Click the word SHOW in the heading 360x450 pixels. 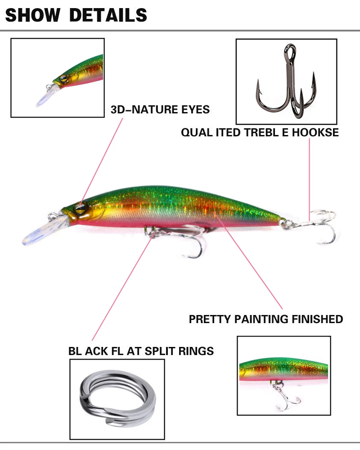pos(32,15)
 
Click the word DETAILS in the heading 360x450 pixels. pos(108,15)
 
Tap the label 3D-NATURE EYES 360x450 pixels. pos(160,109)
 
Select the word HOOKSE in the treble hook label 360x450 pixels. pos(318,132)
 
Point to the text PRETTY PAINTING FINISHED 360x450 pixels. pos(265,319)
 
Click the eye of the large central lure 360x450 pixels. pos(80,207)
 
